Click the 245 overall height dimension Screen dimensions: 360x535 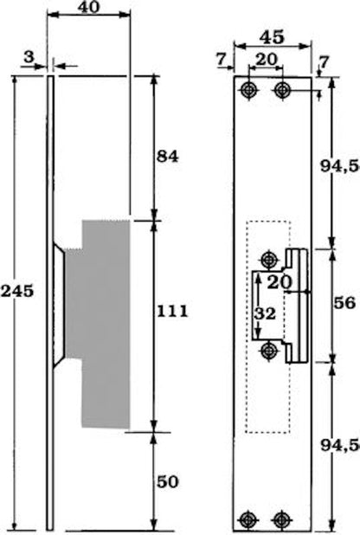(17, 291)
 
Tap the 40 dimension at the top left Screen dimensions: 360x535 (89, 6)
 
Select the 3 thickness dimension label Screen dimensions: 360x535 (29, 56)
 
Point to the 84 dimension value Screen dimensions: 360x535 (168, 157)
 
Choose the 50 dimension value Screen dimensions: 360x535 (168, 482)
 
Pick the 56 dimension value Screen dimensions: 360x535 (344, 303)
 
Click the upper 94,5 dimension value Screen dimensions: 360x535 (340, 166)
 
